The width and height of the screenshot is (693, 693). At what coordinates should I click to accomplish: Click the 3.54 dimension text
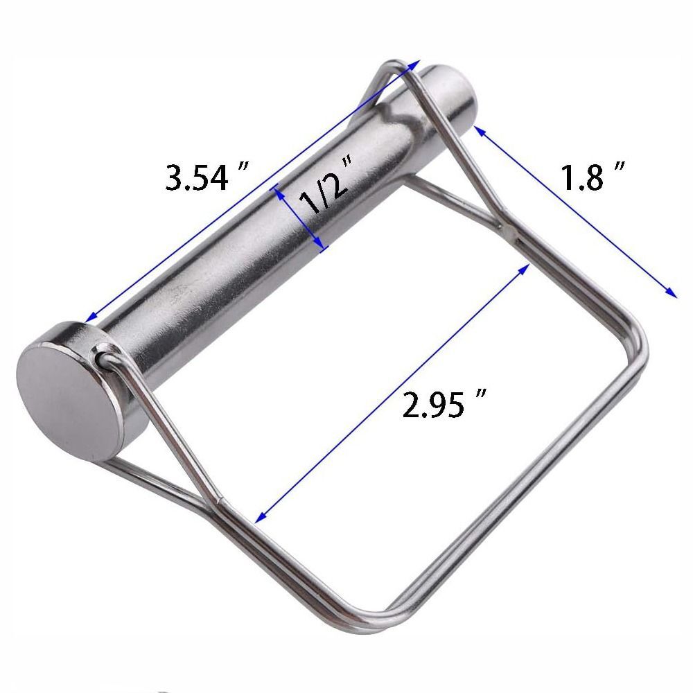coord(197,177)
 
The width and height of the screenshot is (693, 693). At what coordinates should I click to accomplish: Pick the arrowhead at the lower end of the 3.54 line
coord(90,319)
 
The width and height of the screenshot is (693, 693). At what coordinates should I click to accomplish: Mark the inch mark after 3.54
coord(243,168)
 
